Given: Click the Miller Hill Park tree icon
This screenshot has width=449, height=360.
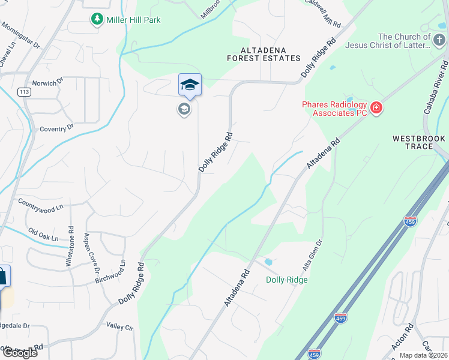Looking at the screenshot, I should point(97,20).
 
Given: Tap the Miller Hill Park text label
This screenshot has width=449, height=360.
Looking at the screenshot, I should point(133,20).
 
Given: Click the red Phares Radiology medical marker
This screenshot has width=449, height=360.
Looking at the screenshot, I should point(376,109).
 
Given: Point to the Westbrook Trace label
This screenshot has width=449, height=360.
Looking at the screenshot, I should point(420,142).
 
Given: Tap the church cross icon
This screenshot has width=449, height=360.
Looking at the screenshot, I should point(439,41).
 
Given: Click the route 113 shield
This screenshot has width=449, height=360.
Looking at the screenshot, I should point(25,92).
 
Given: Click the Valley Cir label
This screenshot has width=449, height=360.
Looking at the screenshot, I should point(119,326).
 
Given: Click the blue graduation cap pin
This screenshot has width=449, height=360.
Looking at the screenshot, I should point(190,85).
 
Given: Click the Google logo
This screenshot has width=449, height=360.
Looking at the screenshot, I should point(19,353).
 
